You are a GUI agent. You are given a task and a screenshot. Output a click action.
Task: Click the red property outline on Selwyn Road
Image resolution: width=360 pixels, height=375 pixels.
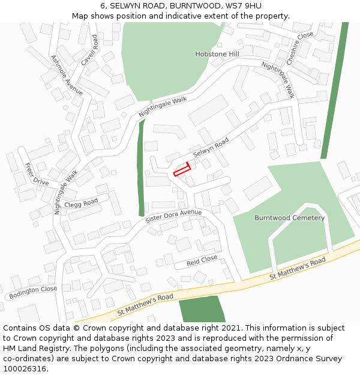tap(182, 169)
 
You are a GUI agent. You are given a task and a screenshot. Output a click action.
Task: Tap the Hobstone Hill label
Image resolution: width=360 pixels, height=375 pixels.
tap(217, 54)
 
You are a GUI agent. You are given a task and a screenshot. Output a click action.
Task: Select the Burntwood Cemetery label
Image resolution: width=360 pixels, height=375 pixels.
tap(289, 218)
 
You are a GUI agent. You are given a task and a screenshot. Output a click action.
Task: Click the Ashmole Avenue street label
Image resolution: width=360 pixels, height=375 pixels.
tap(67, 75)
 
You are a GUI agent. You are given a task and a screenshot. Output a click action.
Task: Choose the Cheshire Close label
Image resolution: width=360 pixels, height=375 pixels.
tap(299, 48)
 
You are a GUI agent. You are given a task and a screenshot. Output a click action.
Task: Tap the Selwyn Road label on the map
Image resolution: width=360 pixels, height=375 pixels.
tap(211, 147)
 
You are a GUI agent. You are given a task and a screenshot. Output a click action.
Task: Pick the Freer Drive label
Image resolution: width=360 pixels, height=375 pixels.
tap(37, 173)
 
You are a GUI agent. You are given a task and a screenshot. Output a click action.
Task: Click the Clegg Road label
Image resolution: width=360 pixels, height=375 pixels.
tap(81, 203)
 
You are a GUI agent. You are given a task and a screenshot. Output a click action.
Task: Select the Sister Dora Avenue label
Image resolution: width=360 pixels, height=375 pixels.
tap(173, 217)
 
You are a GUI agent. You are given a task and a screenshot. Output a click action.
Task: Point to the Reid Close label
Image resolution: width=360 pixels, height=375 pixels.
tap(202, 260)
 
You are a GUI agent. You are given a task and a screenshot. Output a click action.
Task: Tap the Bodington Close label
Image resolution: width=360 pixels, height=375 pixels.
tap(32, 292)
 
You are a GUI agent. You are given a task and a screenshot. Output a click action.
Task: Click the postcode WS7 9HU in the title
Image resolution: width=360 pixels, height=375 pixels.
tap(245, 5)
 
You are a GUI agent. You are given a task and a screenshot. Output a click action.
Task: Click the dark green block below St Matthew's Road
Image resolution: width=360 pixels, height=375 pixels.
tap(201, 309)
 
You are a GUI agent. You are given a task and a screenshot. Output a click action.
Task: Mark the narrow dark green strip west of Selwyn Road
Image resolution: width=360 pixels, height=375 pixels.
tap(141, 168)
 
